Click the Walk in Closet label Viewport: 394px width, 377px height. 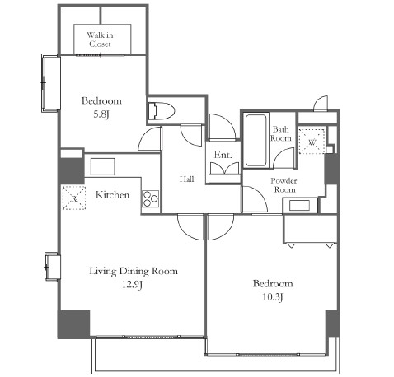coord(100,40)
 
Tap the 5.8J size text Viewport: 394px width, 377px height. coord(101,114)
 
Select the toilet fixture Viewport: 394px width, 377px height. coord(161,111)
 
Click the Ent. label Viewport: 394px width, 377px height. coord(223,155)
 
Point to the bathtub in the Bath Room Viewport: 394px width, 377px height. coord(256,140)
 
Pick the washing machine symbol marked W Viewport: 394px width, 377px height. coord(312,142)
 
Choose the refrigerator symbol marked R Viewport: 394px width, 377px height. coord(74,198)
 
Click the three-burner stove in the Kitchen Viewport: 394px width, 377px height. coord(151,199)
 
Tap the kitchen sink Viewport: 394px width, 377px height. coord(102,166)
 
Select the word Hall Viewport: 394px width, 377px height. coord(187,179)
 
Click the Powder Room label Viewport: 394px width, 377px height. coord(284,185)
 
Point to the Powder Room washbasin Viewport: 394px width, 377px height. coord(300,206)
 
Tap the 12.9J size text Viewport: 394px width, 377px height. coord(132,285)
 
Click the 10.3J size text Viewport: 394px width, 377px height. coord(273,297)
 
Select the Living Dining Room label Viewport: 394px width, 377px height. coord(134,271)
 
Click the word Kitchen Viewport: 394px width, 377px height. coord(112,195)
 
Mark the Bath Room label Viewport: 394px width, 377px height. coord(280,133)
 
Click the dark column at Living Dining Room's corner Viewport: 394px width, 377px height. coord(73,324)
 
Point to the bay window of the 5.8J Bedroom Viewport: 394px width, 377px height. coord(50,83)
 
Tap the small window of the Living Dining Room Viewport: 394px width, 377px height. coord(52,267)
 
